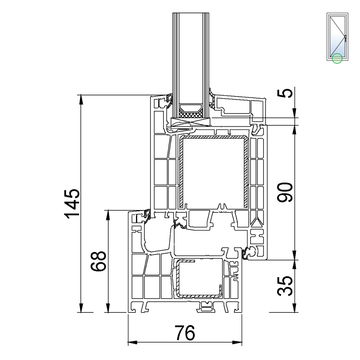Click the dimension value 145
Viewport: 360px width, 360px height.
[x=72, y=204]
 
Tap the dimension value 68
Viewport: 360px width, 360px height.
[x=98, y=261]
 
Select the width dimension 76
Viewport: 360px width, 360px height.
[x=185, y=333]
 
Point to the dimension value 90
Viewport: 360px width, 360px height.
[x=285, y=192]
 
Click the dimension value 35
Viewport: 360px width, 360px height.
[x=285, y=285]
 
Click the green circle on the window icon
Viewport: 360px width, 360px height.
[x=337, y=58]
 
